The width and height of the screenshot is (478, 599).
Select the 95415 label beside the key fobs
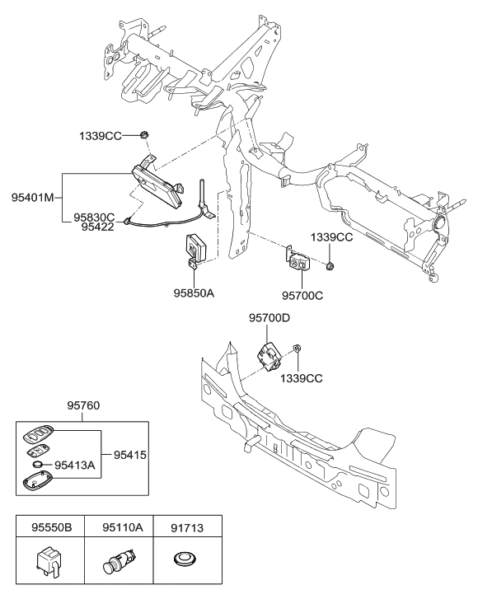coord(124,453)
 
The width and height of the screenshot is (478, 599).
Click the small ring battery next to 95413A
coord(37,466)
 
